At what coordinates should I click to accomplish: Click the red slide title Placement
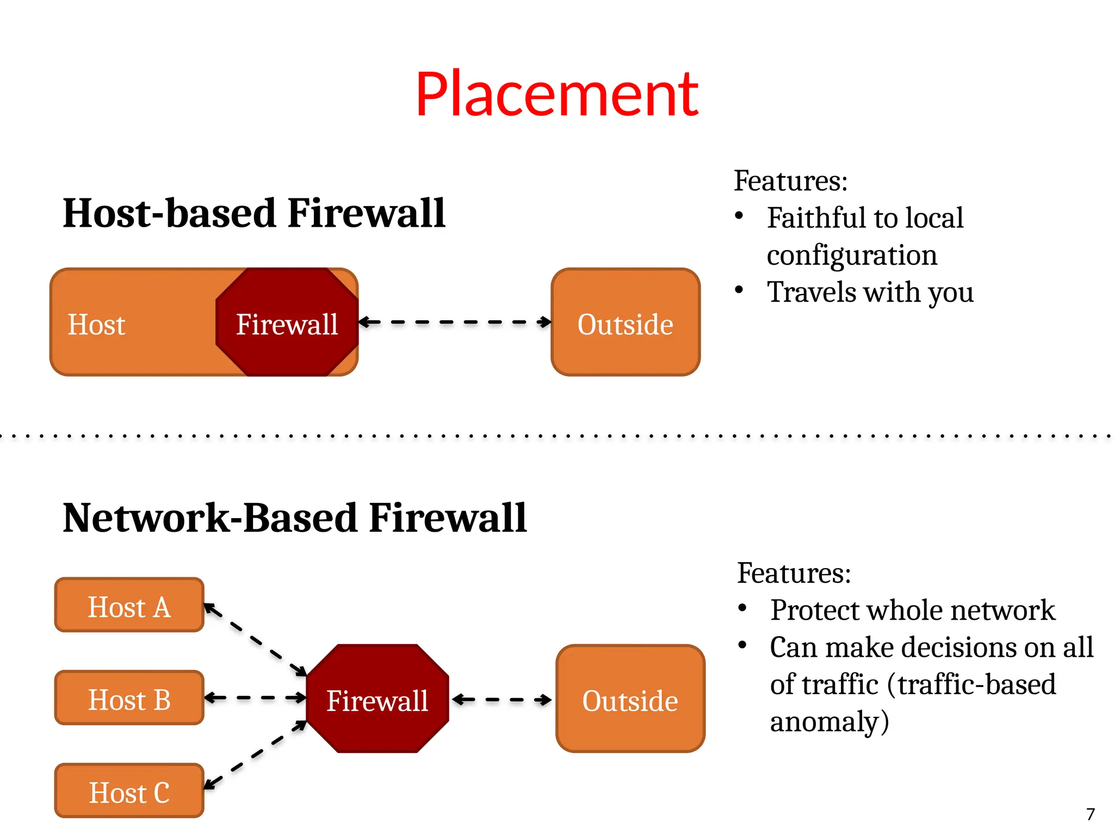pos(556,95)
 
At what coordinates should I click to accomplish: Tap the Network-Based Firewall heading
pos(294,518)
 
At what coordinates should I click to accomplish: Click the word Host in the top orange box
pos(96,325)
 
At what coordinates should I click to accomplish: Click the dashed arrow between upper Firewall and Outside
pos(455,322)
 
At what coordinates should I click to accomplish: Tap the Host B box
pos(129,699)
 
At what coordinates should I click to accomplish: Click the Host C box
pos(129,792)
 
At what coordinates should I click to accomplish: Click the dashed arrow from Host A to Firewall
pos(255,640)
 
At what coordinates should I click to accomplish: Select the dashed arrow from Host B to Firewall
pos(255,697)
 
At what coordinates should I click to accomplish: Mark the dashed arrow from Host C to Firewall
pos(255,755)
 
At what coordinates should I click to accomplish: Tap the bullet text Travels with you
pos(870,292)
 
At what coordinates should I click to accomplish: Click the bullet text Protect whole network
pos(912,610)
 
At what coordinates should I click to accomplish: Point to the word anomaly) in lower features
pos(829,721)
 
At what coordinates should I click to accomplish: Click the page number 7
pos(1090,814)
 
